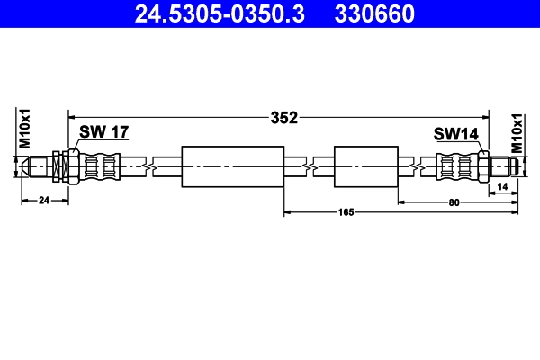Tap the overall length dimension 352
pyautogui.click(x=284, y=117)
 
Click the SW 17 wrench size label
pyautogui.click(x=103, y=132)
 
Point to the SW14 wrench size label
pyautogui.click(x=456, y=134)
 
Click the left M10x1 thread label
pyautogui.click(x=26, y=128)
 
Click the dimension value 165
pyautogui.click(x=346, y=212)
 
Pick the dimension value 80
pyautogui.click(x=454, y=202)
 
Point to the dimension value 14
pyautogui.click(x=502, y=185)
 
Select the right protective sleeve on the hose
pyautogui.click(x=364, y=166)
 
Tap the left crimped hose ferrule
pyautogui.click(x=100, y=166)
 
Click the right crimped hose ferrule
pyautogui.click(x=456, y=166)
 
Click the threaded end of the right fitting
pyautogui.click(x=503, y=166)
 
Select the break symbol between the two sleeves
pyautogui.click(x=310, y=166)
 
